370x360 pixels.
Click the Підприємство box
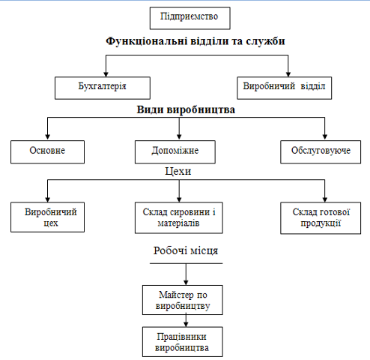pyautogui.click(x=190, y=18)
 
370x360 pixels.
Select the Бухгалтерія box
pyautogui.click(x=103, y=88)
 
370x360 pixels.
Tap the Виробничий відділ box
pyautogui.click(x=285, y=88)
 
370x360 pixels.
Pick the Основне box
pyautogui.click(x=47, y=152)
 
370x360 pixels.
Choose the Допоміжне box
pyautogui.click(x=175, y=152)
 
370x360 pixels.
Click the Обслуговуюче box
pyautogui.click(x=321, y=152)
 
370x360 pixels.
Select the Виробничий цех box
pyautogui.click(x=47, y=217)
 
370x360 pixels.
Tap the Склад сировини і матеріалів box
pyautogui.click(x=179, y=217)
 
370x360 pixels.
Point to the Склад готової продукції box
pyautogui.click(x=321, y=218)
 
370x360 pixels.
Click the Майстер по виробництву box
pyautogui.click(x=183, y=300)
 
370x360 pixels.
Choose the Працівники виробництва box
pyautogui.click(x=183, y=342)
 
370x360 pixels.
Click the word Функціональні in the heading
pyautogui.click(x=147, y=41)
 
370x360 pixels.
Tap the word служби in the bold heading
pyautogui.click(x=265, y=41)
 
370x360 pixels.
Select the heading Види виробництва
pyautogui.click(x=186, y=109)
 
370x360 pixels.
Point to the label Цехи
pyautogui.click(x=178, y=172)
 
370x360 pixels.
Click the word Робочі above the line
pyautogui.click(x=168, y=250)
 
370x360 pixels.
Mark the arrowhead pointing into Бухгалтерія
pyautogui.click(x=106, y=74)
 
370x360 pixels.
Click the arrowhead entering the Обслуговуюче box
pyautogui.click(x=325, y=137)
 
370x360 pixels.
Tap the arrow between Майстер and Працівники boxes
pyautogui.click(x=186, y=321)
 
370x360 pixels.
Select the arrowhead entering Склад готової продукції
pyautogui.click(x=325, y=199)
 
